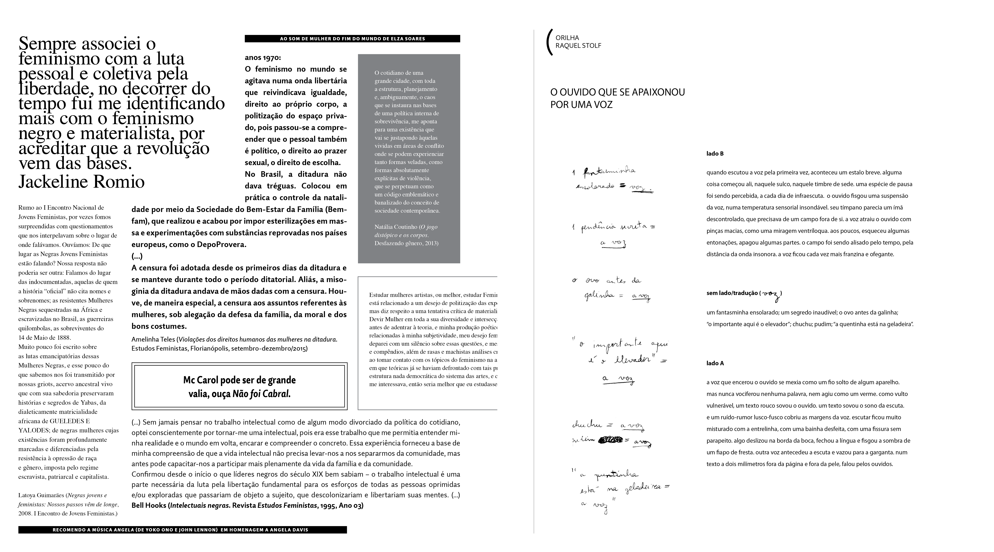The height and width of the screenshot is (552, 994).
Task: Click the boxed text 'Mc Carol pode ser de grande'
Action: [239, 380]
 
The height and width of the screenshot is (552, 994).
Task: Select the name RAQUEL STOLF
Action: [578, 45]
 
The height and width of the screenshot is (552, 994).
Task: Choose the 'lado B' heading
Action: [715, 154]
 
